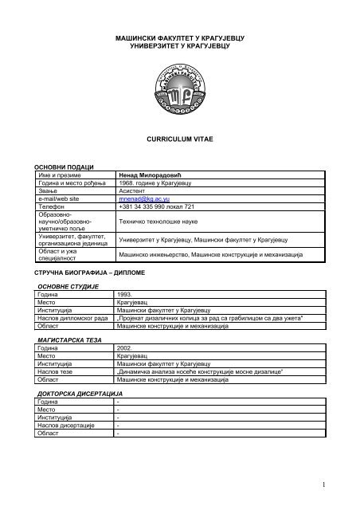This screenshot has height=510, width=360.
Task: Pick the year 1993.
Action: pos(125,293)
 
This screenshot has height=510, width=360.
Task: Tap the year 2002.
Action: pos(125,348)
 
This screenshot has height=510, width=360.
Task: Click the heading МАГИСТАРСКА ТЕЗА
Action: pos(68,339)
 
